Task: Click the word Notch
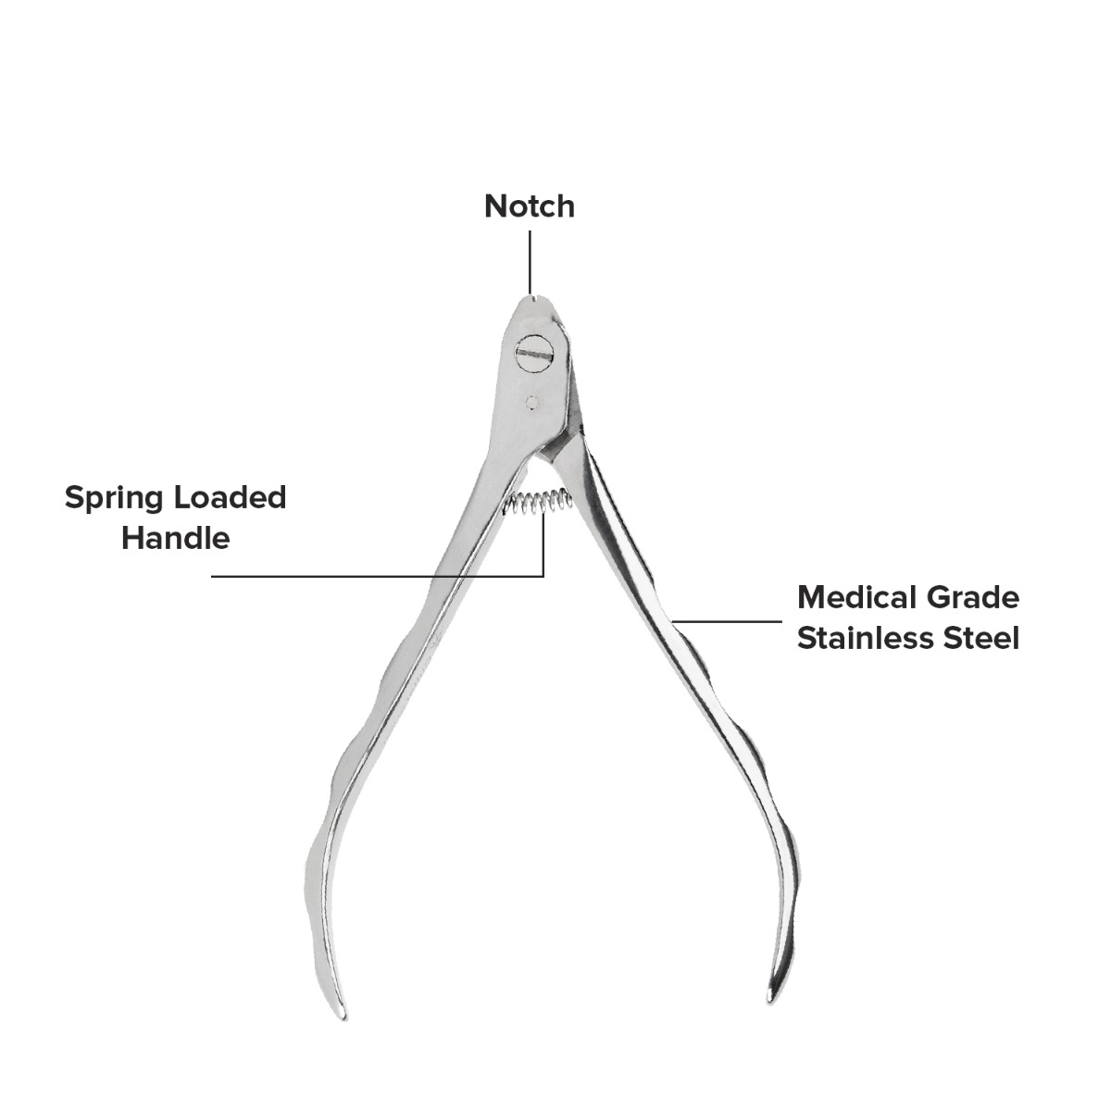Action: tap(530, 206)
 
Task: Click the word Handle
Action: tap(176, 538)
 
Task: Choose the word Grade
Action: tap(973, 597)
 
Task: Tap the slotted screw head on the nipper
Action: tap(534, 354)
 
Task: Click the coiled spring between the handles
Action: tap(538, 501)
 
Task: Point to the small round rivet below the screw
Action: tap(532, 403)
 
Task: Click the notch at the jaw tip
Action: tap(535, 299)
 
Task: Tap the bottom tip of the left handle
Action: tap(343, 1018)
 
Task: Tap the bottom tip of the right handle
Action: tap(770, 1002)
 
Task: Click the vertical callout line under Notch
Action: tap(530, 262)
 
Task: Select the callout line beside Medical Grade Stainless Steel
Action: tap(727, 621)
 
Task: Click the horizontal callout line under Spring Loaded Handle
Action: tap(378, 576)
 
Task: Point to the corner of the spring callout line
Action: tap(543, 576)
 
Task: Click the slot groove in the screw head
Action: tap(534, 354)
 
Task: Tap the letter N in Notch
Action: tap(496, 206)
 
